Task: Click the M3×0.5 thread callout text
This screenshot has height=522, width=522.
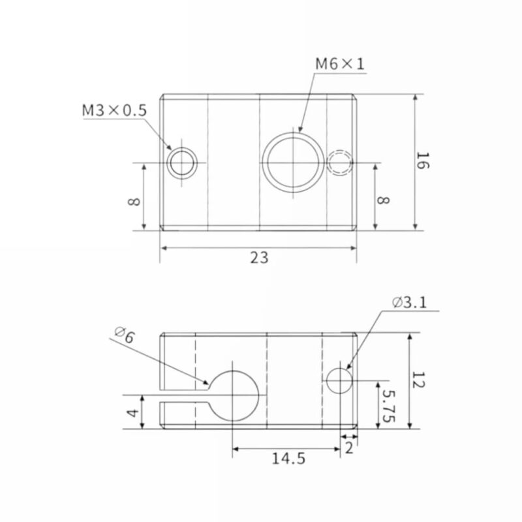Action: (114, 110)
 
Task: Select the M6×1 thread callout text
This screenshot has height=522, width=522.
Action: (340, 64)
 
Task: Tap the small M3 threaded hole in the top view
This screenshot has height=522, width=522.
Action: (182, 162)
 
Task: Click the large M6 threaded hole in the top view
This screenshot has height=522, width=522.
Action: (294, 161)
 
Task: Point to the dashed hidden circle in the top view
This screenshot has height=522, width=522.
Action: (340, 162)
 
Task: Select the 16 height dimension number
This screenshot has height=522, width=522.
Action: (423, 161)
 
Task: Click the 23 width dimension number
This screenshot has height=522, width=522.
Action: (259, 258)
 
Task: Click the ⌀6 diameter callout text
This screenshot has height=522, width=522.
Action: (125, 336)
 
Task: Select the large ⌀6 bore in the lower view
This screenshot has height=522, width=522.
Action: (233, 395)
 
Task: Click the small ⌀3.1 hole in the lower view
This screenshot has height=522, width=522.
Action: (339, 380)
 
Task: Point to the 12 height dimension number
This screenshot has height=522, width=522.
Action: (418, 380)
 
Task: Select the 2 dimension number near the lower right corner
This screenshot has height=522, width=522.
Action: (349, 448)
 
